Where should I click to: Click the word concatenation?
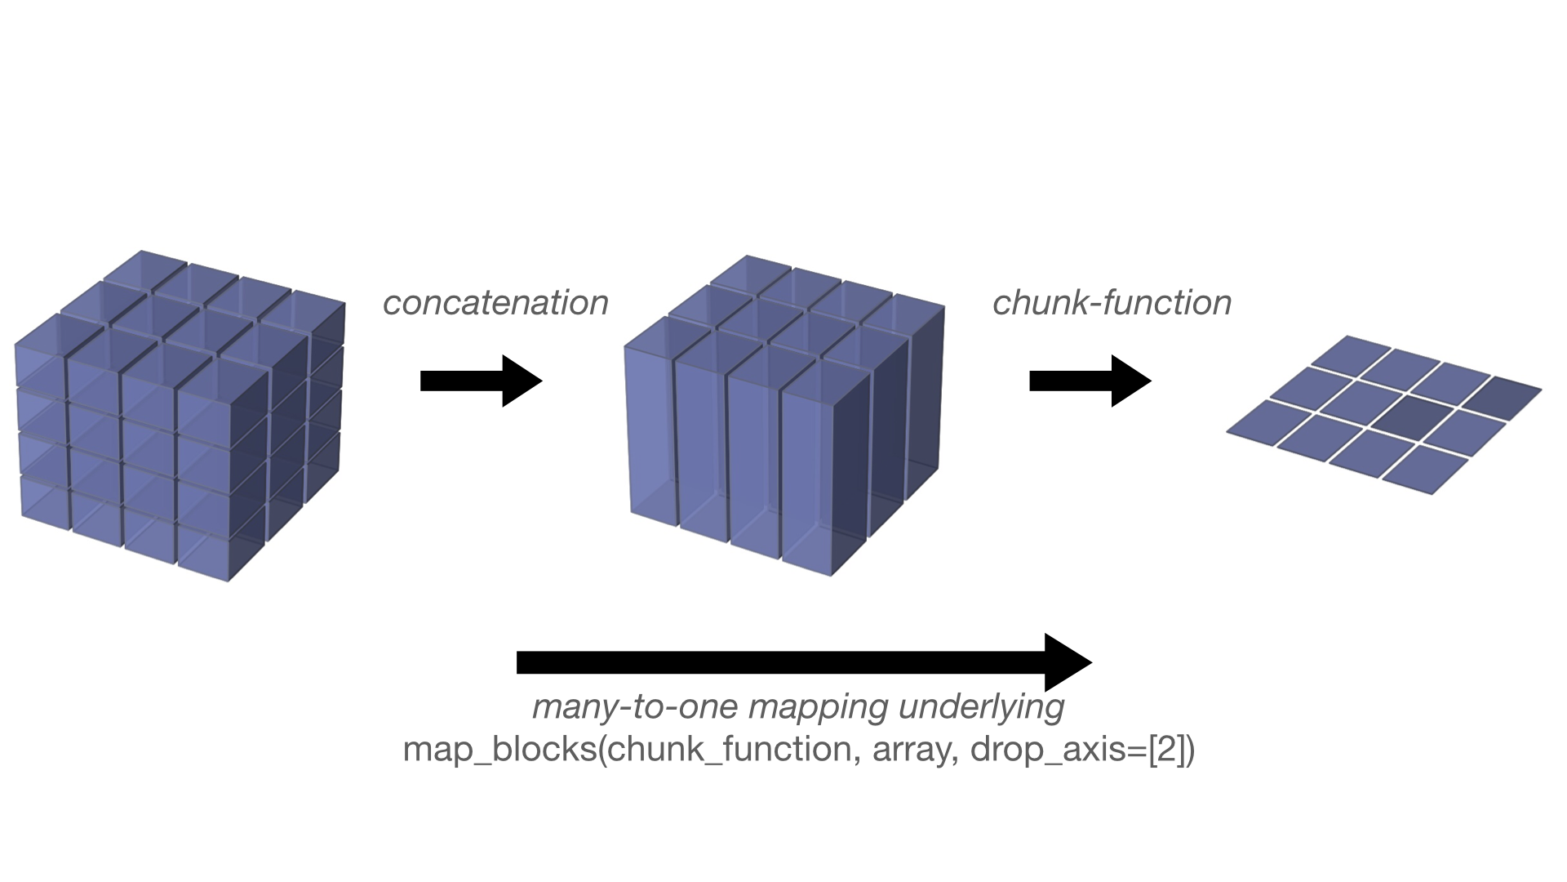(x=495, y=303)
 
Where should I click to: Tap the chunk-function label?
(x=1112, y=303)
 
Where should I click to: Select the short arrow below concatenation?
(x=481, y=381)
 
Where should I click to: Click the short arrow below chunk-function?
(x=1090, y=381)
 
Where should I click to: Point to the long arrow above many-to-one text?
(x=803, y=662)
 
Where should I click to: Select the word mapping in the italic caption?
(x=818, y=707)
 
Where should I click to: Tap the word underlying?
(x=981, y=707)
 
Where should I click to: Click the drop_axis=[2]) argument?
(x=1082, y=750)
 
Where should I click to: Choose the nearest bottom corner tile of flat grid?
(x=1424, y=469)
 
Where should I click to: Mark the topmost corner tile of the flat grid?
(x=1351, y=352)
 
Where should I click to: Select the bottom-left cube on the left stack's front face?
(x=45, y=500)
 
